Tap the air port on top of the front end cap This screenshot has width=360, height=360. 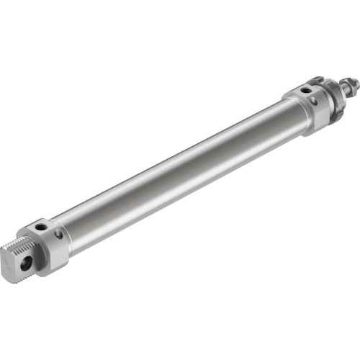point(304,90)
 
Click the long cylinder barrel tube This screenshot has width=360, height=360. point(180,169)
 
